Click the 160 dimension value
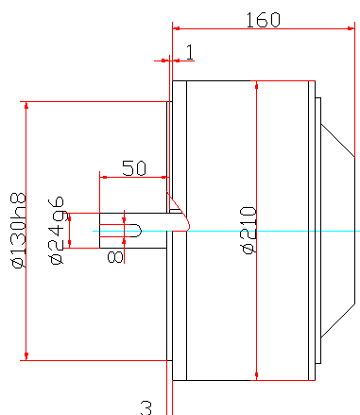pyautogui.click(x=263, y=20)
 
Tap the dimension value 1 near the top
pyautogui.click(x=190, y=52)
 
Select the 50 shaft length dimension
pyautogui.click(x=134, y=168)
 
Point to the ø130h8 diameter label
pyautogui.click(x=19, y=230)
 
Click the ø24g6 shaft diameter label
pyautogui.click(x=57, y=231)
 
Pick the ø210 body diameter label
pyautogui.click(x=249, y=230)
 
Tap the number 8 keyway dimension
pyautogui.click(x=115, y=257)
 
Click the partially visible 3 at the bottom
pyautogui.click(x=146, y=408)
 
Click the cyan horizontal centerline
pyautogui.click(x=226, y=231)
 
